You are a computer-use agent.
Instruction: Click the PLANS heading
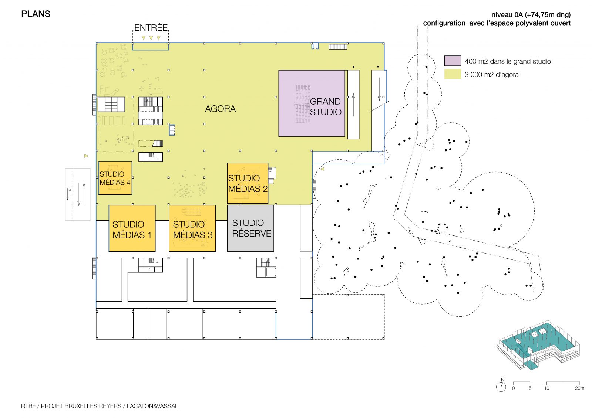click(x=36, y=14)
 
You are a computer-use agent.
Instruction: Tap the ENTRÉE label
click(x=151, y=27)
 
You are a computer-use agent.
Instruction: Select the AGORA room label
click(x=220, y=109)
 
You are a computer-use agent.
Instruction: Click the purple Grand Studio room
click(x=312, y=103)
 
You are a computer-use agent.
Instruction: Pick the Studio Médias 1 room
click(x=132, y=228)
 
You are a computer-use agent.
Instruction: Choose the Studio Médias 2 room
click(x=248, y=183)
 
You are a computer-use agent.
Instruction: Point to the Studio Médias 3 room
click(x=192, y=228)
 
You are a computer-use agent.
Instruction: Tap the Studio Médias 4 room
click(x=115, y=178)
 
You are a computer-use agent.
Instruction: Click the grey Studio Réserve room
click(x=250, y=228)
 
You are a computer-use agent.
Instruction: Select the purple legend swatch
click(x=453, y=61)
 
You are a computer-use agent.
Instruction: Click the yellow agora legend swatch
click(x=453, y=74)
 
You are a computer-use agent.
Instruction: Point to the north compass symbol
click(x=501, y=386)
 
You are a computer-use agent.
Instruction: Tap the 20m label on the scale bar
click(x=579, y=388)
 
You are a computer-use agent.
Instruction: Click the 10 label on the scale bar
click(x=546, y=388)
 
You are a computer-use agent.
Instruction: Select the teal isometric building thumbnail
click(x=538, y=345)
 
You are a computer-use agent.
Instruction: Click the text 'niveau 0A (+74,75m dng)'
click(x=531, y=14)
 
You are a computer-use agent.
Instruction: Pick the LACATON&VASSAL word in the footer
click(x=152, y=406)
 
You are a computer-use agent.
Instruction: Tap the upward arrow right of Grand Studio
click(x=353, y=105)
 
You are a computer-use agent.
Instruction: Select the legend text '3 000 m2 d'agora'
click(x=492, y=74)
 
